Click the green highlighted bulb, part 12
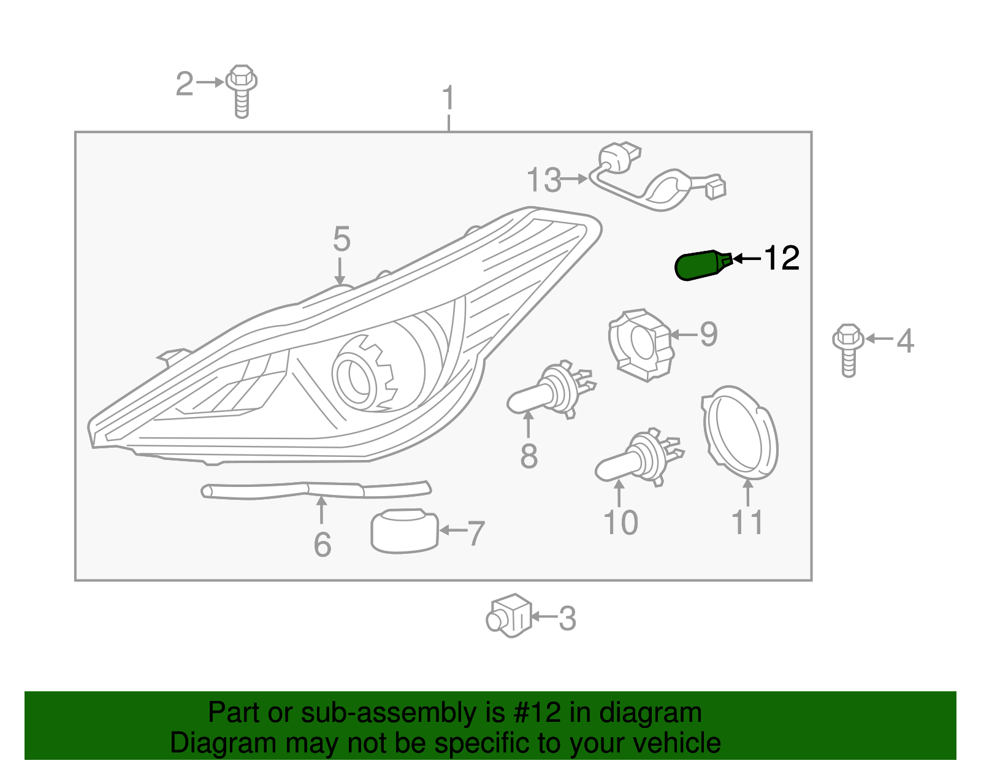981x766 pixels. pos(701,266)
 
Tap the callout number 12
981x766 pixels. pos(781,258)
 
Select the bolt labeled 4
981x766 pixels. pos(848,350)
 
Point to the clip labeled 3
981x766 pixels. pos(509,616)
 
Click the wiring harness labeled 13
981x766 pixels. pos(656,184)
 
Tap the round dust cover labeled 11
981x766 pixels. pos(739,433)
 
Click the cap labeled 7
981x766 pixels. pos(405,530)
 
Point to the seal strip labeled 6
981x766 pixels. pos(316,489)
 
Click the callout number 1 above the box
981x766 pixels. pos(449,98)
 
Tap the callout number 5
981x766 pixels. pos(342,239)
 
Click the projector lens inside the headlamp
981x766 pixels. pos(354,378)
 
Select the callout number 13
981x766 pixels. pos(544,180)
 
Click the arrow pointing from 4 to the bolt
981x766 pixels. pos(879,339)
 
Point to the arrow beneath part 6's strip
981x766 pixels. pos(321,510)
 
